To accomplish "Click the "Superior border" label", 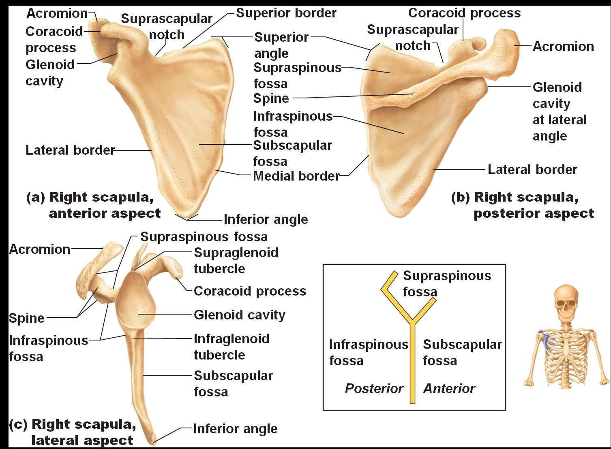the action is tap(286, 13).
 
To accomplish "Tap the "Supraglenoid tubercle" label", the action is tap(236, 260).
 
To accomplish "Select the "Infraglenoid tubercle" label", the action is tap(232, 347).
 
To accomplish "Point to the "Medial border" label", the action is tap(296, 176).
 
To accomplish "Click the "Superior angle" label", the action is tap(281, 45).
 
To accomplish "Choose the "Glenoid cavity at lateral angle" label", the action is tap(560, 111).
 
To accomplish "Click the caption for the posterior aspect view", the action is tap(523, 205).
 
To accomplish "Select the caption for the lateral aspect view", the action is tap(73, 432).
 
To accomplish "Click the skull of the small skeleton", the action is tap(566, 302).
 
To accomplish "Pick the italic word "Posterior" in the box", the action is tap(374, 389).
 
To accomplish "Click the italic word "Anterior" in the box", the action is tap(449, 389).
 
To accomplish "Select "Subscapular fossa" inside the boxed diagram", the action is tap(462, 353).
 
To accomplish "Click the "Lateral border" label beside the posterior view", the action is tap(532, 170).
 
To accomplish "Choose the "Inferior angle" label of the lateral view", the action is tap(236, 429).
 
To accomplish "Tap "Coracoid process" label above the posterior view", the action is tap(464, 13).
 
